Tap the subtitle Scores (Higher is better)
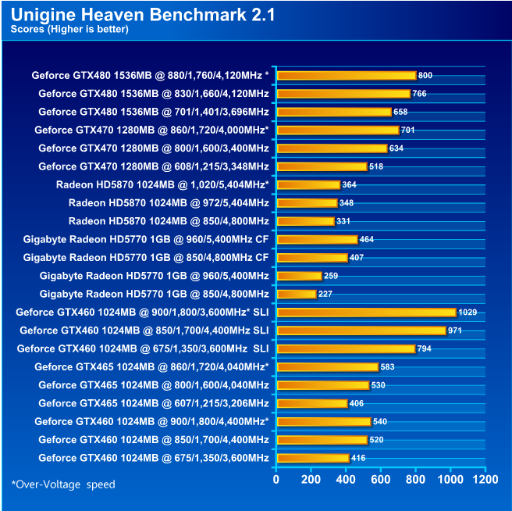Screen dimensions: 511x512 (69, 30)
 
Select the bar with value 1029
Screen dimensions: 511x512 (366, 312)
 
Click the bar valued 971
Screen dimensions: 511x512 (361, 331)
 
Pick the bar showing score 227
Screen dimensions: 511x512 (297, 294)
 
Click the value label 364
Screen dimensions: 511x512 (350, 185)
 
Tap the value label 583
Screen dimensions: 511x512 (388, 366)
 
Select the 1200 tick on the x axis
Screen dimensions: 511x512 (485, 479)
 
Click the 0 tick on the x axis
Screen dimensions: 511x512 (276, 479)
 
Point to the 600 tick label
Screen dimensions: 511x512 (381, 479)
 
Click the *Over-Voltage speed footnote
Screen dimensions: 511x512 (63, 484)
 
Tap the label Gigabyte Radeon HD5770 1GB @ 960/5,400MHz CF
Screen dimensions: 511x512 (146, 239)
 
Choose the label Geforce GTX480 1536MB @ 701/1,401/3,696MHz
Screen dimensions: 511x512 (153, 112)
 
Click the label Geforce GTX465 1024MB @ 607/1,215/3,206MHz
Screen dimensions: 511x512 (153, 403)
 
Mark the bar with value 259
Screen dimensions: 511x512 (300, 276)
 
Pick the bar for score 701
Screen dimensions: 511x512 (337, 130)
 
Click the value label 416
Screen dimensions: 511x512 (358, 458)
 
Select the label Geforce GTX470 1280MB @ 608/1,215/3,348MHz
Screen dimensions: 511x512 (153, 166)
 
